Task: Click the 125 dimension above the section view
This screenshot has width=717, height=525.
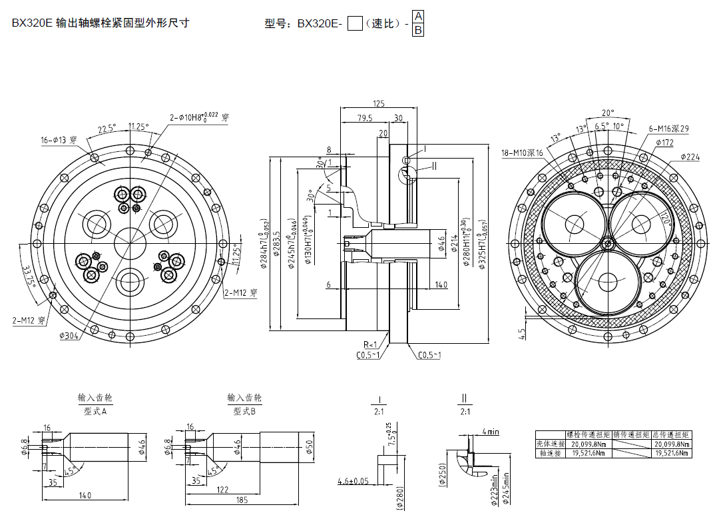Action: (x=379, y=103)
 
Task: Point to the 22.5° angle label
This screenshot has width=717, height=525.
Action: (x=107, y=129)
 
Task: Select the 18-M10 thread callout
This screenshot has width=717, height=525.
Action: (x=523, y=153)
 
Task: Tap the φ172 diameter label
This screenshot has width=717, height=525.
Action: (x=664, y=143)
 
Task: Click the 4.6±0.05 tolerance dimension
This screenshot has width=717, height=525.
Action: (x=354, y=480)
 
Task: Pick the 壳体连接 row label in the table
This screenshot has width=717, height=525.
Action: (x=550, y=444)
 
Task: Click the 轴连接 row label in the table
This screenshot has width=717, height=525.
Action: (x=550, y=453)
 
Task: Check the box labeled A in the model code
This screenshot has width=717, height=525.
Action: (x=418, y=16)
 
